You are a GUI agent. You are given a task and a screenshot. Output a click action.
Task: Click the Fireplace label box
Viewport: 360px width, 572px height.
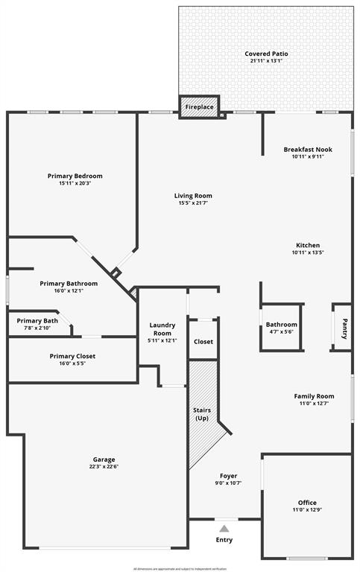(199, 107)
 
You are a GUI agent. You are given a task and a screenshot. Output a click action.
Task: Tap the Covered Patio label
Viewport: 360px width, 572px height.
(266, 54)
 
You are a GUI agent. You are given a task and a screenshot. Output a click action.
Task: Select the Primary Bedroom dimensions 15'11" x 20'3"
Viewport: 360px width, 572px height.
(75, 183)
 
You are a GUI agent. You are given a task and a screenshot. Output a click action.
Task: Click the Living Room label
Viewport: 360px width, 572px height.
(194, 196)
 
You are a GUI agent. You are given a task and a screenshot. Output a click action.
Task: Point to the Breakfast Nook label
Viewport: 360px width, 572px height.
(307, 150)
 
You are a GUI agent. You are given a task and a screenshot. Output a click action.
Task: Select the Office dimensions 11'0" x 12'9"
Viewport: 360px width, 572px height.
(307, 510)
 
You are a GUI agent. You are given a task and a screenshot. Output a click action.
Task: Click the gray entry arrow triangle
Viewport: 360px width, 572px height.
(224, 529)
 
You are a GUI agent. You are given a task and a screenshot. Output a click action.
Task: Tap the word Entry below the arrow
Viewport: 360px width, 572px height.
(224, 540)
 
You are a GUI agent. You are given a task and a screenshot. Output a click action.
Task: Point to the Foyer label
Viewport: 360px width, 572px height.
(228, 475)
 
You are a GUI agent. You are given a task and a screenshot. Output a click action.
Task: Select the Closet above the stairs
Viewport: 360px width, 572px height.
(203, 342)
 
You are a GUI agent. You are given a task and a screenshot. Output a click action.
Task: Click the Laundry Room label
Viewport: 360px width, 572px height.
(162, 328)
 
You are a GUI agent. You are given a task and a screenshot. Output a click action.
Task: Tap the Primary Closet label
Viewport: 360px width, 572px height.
(72, 356)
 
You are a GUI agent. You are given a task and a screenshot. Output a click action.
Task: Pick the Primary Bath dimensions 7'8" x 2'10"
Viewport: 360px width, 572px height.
(34, 328)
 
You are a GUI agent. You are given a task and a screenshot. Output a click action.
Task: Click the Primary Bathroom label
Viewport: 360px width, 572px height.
(69, 283)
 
